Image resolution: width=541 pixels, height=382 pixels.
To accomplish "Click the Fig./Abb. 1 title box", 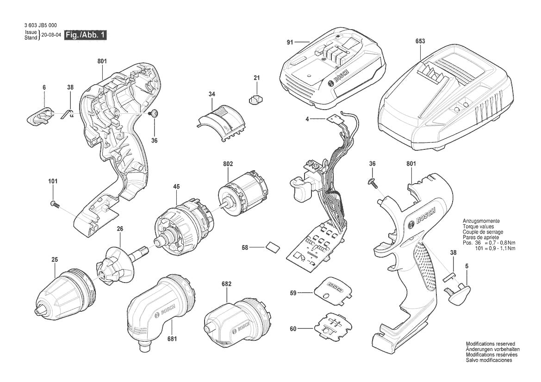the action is pyautogui.click(x=86, y=35).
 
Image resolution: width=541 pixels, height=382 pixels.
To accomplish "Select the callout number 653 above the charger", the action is pyautogui.click(x=420, y=41).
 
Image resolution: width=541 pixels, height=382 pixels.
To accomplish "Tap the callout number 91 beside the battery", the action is pyautogui.click(x=290, y=43).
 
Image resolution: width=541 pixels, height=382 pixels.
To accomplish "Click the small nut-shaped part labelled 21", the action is pyautogui.click(x=255, y=99).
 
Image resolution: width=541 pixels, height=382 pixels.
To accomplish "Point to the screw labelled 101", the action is pyautogui.click(x=55, y=204).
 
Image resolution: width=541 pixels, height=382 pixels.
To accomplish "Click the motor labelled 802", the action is pyautogui.click(x=243, y=194).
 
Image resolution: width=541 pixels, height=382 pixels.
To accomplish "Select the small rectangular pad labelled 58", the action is pyautogui.click(x=273, y=247).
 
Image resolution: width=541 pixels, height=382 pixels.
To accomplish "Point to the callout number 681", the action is pyautogui.click(x=172, y=339).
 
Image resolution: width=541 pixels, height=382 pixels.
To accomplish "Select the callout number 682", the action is pyautogui.click(x=227, y=284).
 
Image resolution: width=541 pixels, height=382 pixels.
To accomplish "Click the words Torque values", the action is pyautogui.click(x=478, y=227).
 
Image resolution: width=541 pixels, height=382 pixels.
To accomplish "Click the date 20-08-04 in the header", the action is pyautogui.click(x=51, y=35).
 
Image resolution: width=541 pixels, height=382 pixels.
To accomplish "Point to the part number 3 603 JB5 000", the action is pyautogui.click(x=41, y=25).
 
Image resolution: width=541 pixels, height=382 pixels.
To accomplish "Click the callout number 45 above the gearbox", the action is pyautogui.click(x=176, y=186).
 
